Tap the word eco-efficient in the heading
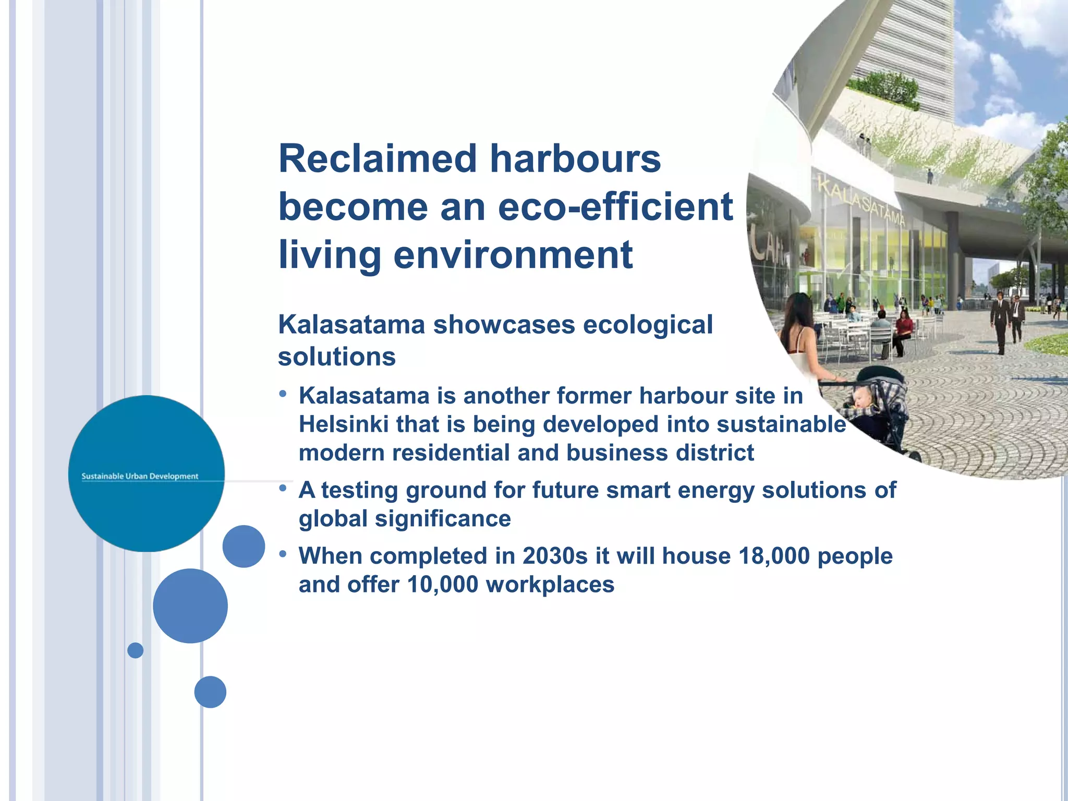615,207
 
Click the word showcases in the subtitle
504,325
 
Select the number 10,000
442,585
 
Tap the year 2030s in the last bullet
555,556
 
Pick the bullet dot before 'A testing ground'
283,488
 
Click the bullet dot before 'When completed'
283,554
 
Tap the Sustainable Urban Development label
140,476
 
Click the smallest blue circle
135,650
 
